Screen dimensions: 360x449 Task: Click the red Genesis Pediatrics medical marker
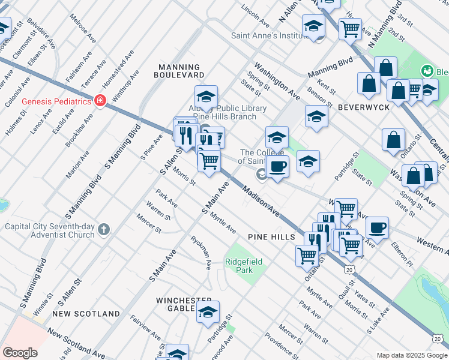click(100, 101)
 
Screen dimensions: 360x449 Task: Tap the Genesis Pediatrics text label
click(56, 101)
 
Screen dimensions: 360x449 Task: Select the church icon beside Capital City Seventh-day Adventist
click(104, 229)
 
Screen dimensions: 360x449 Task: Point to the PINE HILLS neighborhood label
click(271, 237)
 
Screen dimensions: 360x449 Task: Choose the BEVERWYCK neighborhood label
click(364, 107)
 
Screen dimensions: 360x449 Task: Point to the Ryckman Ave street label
click(201, 253)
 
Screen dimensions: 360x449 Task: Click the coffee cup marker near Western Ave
click(377, 227)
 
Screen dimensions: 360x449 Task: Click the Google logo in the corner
click(20, 353)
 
